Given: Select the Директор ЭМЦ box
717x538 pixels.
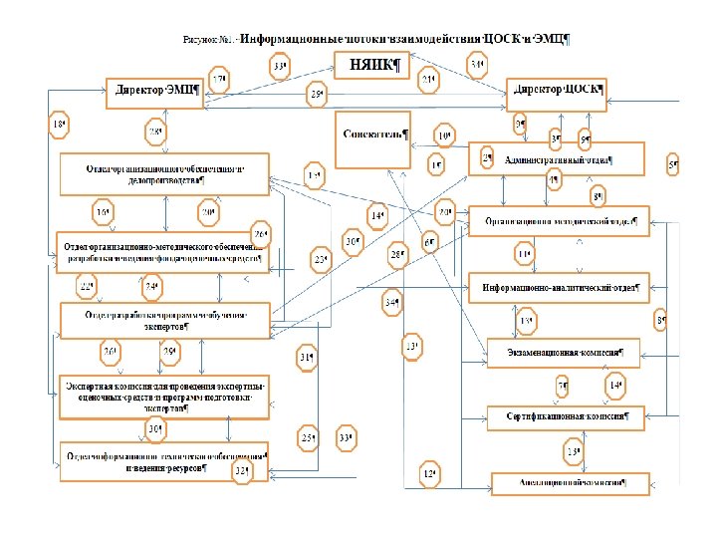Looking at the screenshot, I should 157,91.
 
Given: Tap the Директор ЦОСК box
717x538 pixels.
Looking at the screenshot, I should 558,90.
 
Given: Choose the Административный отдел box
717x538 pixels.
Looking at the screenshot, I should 557,157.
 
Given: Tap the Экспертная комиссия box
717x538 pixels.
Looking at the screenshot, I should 165,395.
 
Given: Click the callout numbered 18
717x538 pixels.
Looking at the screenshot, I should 60,125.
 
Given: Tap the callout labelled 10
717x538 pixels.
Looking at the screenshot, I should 444,135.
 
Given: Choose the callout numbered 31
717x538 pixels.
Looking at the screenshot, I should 308,359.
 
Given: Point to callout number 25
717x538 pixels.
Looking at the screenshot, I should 310,438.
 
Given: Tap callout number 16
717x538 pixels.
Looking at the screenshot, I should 103,212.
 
